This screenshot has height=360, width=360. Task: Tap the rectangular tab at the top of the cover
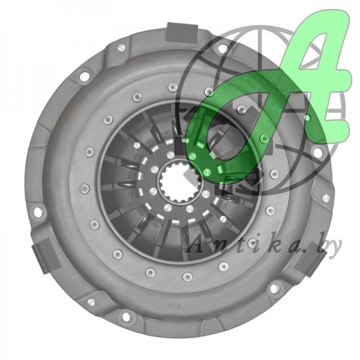coord(182,32)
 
